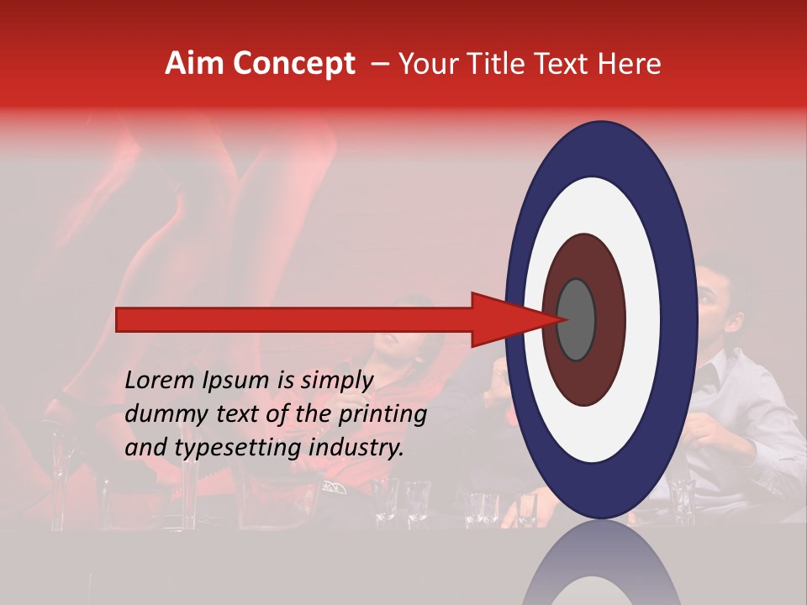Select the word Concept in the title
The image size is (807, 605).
[293, 64]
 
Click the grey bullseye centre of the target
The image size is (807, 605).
[576, 319]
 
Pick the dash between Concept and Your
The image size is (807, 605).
[379, 64]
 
